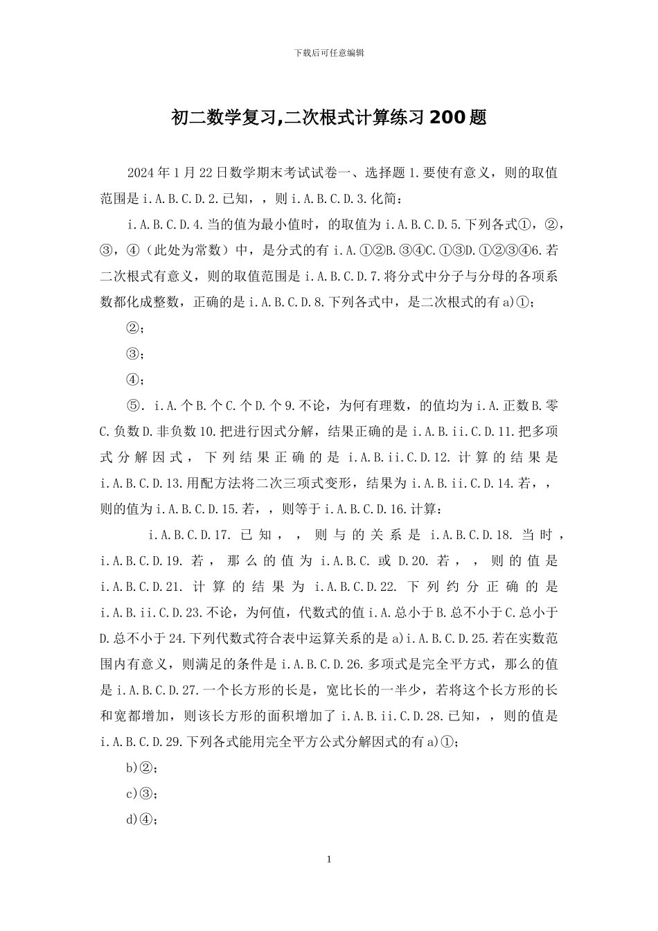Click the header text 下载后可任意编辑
point(329,53)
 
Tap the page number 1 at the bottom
point(329,860)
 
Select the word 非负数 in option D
point(177,432)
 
